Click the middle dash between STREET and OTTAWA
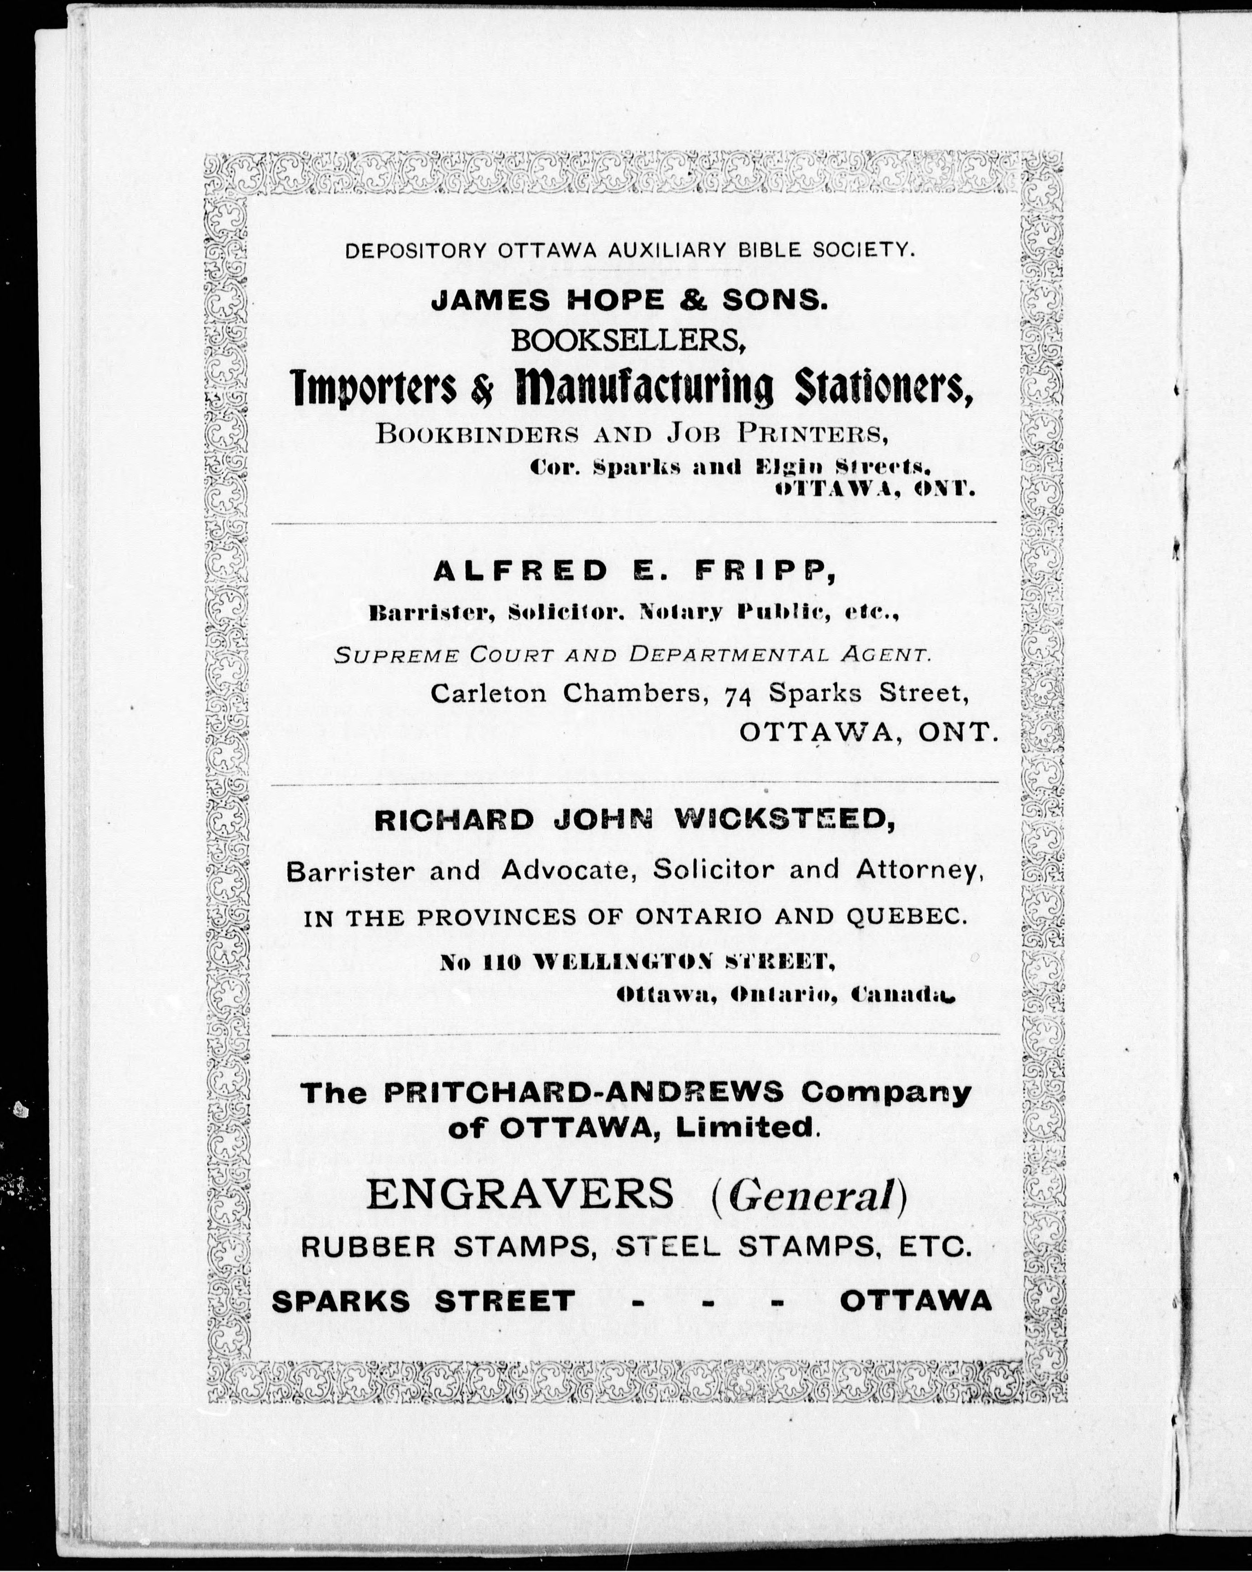pyautogui.click(x=707, y=1301)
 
